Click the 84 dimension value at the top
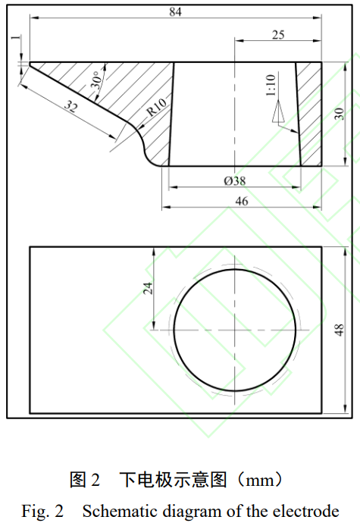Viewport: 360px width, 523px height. [177, 11]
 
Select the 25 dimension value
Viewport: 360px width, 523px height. [278, 34]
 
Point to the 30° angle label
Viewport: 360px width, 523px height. [96, 81]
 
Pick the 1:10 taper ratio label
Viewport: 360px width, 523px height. [271, 86]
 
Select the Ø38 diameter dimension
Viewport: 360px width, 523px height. [235, 181]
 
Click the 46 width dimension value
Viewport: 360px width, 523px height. [242, 201]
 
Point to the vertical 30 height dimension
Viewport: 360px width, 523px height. [340, 113]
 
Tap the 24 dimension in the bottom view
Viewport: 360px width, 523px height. [149, 288]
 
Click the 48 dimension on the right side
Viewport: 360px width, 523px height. [340, 330]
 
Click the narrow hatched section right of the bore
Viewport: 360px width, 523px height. [309, 114]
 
